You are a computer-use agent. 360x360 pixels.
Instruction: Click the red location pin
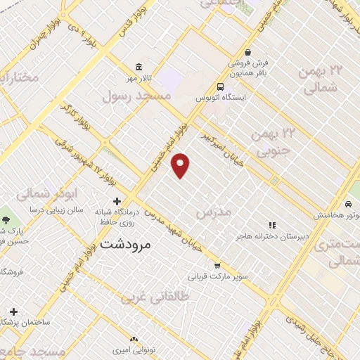[x=181, y=165]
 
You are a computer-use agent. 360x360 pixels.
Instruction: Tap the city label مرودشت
[x=126, y=245]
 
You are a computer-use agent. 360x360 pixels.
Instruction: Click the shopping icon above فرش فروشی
[x=247, y=52]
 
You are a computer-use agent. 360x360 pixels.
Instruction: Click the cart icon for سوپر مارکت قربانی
[x=217, y=266]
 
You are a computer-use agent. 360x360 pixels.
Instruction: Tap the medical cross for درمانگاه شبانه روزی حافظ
[x=117, y=202]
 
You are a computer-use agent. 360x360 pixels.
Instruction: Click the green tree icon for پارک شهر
[x=6, y=221]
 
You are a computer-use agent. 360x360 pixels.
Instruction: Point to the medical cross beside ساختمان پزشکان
[x=13, y=311]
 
